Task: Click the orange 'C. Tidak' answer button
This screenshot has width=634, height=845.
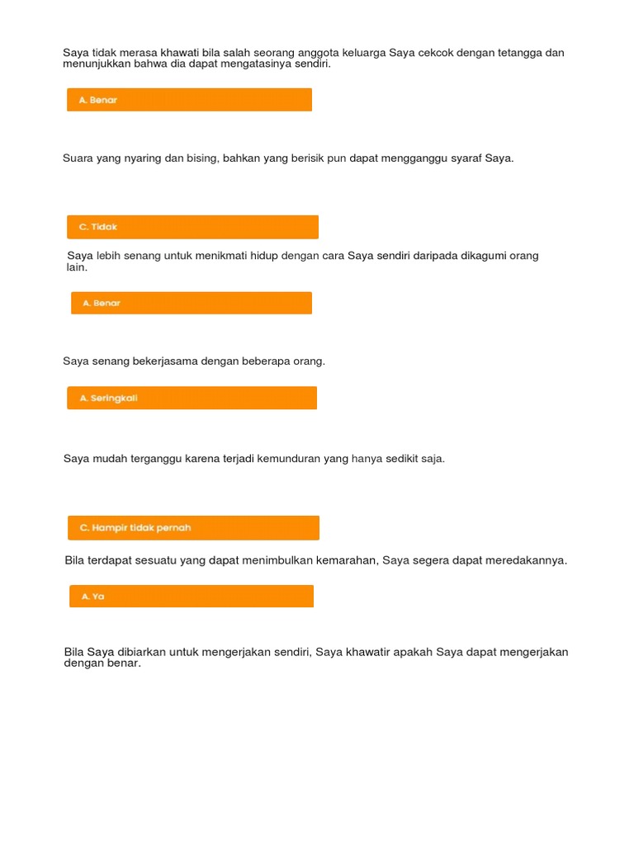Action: (x=192, y=227)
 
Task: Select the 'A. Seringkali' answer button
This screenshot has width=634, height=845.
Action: (x=192, y=398)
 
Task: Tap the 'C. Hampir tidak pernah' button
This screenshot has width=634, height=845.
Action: (x=193, y=527)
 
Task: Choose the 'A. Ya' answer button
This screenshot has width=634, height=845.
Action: (x=191, y=596)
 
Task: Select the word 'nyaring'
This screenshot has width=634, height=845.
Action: (x=143, y=158)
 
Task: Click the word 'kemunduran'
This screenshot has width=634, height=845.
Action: (x=293, y=458)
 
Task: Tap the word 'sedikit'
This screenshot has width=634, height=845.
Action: (x=401, y=458)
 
